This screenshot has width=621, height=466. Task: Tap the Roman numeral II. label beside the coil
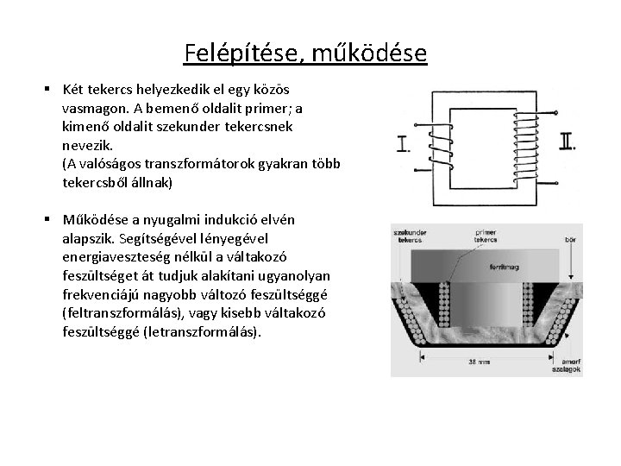point(567,141)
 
